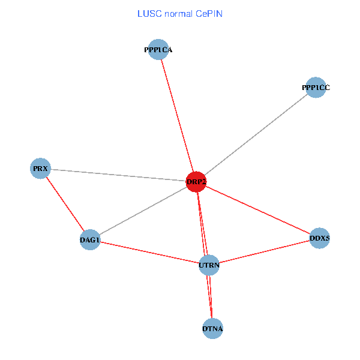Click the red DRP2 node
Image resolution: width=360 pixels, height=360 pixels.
pyautogui.click(x=196, y=182)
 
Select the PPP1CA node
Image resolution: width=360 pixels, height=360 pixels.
pyautogui.click(x=158, y=50)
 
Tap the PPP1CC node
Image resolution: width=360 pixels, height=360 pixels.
pyautogui.click(x=316, y=88)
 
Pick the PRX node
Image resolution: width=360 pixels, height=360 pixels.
pyautogui.click(x=40, y=169)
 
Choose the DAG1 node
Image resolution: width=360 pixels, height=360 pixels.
pyautogui.click(x=89, y=240)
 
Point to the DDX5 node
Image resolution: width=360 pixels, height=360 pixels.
pyautogui.click(x=320, y=238)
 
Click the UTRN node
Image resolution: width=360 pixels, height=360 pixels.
pyautogui.click(x=209, y=265)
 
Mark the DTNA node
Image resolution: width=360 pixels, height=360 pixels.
pyautogui.click(x=213, y=329)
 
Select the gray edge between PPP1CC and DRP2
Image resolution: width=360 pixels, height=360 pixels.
pyautogui.click(x=256, y=135)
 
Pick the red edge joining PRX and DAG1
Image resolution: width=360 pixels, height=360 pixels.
pyautogui.click(x=65, y=204)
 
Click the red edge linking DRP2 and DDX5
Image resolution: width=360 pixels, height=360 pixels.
pyautogui.click(x=258, y=210)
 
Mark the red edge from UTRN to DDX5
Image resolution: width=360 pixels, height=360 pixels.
pyautogui.click(x=264, y=251)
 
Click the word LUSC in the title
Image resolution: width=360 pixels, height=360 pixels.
pyautogui.click(x=148, y=14)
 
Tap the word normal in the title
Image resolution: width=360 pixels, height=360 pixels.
pyautogui.click(x=179, y=14)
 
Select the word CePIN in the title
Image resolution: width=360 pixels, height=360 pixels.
pyautogui.click(x=209, y=14)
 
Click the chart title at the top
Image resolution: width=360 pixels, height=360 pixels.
pyautogui.click(x=179, y=14)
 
